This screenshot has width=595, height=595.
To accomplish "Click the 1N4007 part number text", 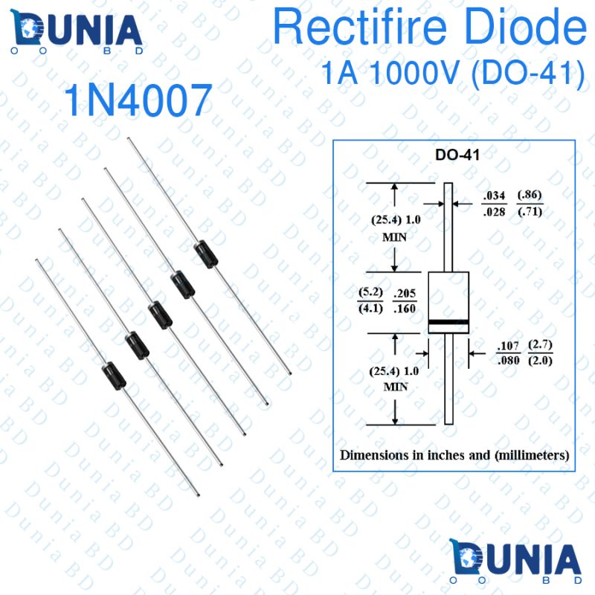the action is (139, 100).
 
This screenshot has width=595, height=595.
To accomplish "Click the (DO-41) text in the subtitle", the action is (526, 74).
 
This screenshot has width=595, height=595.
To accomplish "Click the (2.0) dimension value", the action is (540, 361).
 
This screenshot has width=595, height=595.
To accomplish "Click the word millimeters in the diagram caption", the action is (533, 454).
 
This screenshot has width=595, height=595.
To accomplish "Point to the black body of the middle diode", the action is (159, 315).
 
